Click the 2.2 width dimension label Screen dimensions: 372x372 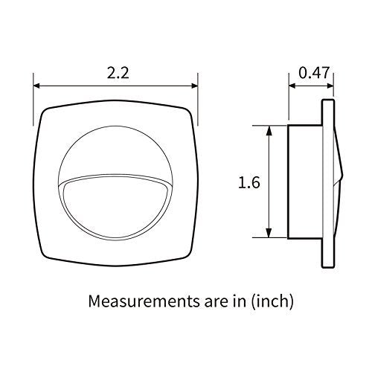[x=118, y=74]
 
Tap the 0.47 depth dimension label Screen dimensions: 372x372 [x=314, y=73]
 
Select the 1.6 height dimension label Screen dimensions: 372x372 [x=249, y=182]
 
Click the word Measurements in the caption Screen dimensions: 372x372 [x=144, y=301]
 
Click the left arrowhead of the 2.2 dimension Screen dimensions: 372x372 [x=36, y=86]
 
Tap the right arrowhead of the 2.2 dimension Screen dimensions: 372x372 [x=194, y=86]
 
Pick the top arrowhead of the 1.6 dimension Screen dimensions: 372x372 [x=269, y=129]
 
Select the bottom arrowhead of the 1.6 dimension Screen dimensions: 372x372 [x=269, y=233]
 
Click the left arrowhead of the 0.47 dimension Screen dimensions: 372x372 [x=292, y=86]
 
